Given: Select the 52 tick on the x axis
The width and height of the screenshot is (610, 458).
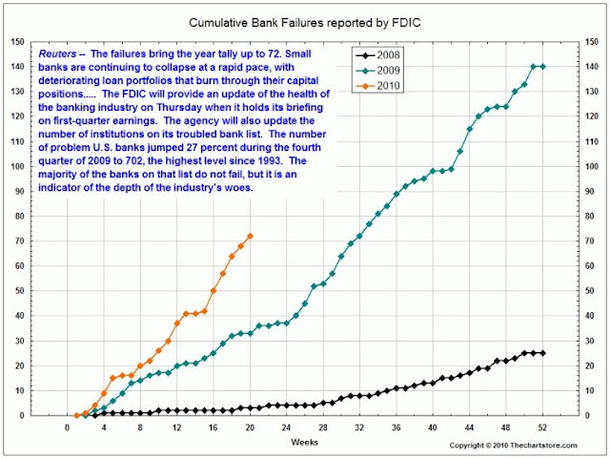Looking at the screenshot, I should [x=542, y=427].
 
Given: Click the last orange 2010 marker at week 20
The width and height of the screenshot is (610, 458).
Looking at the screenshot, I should [x=250, y=236].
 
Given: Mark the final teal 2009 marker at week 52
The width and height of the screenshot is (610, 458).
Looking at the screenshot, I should [x=542, y=66].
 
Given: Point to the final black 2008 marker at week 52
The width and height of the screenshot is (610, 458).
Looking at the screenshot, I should [x=542, y=353].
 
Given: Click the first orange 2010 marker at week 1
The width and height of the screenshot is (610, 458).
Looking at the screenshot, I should [x=76, y=415].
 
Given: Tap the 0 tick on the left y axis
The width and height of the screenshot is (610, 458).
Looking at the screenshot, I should [x=20, y=415].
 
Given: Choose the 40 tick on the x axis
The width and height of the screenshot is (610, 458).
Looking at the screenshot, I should [x=433, y=427].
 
